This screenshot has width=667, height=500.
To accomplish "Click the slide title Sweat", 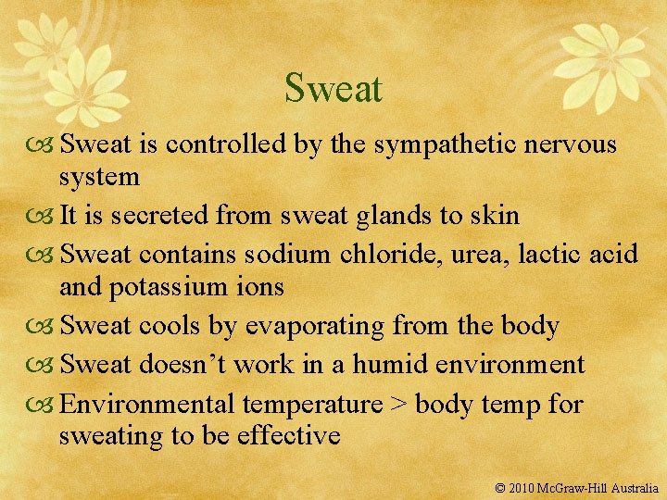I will [x=333, y=89].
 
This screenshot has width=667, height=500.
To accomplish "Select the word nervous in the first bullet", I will [x=573, y=144].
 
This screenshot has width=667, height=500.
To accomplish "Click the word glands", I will [x=390, y=216].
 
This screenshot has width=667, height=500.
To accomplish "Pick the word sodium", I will [x=288, y=252].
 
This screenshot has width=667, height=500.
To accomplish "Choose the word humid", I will [x=394, y=363].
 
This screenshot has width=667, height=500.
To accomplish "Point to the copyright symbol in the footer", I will [x=500, y=487].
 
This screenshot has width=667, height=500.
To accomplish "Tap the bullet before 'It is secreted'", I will [x=44, y=217].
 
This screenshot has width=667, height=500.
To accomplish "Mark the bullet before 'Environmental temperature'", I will [x=44, y=404].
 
